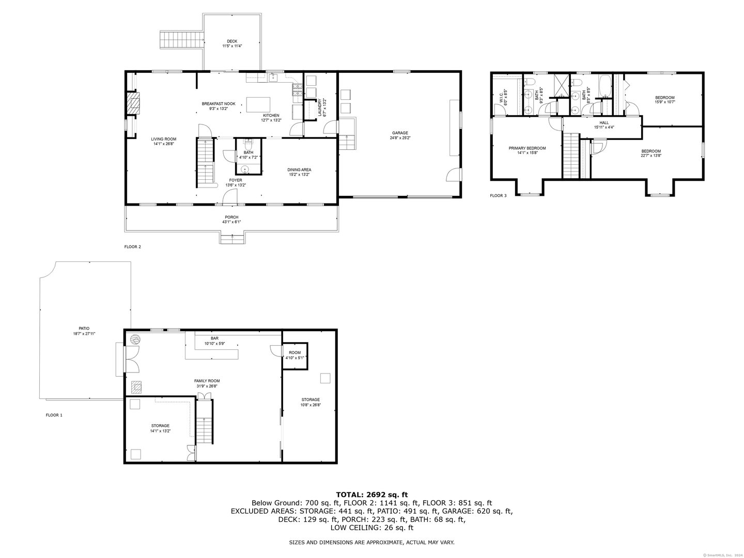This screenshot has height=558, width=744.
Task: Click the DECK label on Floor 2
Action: coord(232,41)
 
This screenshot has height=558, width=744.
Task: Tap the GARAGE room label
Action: coord(399,133)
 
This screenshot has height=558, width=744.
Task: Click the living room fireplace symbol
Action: coord(133,103)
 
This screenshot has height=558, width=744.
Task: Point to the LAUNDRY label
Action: coord(320,107)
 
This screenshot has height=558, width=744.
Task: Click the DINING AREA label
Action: coord(299,169)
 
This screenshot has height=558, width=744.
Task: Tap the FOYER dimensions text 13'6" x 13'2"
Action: coord(236,185)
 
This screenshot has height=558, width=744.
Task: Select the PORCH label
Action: coord(231,217)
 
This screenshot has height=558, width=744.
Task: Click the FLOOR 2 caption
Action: coord(132,247)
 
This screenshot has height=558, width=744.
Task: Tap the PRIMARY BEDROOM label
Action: coord(527,148)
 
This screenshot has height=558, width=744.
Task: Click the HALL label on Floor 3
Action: coord(604,122)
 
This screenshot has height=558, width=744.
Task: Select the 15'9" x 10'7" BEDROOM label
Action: coord(664,98)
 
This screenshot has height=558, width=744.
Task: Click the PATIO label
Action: coord(84,328)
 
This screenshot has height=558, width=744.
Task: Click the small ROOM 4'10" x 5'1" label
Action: coord(295,353)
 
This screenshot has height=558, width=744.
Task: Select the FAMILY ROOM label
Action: coord(203,381)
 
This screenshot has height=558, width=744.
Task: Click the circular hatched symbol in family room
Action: coord(135,339)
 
